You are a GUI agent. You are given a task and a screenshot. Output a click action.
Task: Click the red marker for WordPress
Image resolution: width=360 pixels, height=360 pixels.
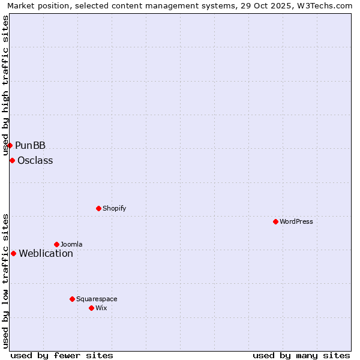coord(275,221)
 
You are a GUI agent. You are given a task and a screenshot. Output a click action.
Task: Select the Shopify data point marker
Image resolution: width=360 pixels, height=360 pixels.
coord(98,208)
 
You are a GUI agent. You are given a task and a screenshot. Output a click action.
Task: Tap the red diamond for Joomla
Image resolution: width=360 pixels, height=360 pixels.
coord(56,244)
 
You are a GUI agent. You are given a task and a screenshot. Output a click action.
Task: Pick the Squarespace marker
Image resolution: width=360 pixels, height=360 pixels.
coord(72,299)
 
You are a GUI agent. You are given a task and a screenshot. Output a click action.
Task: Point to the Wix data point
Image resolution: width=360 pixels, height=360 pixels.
coord(91,308)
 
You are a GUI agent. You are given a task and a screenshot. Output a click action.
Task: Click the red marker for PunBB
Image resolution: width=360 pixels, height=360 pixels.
coord(10,145)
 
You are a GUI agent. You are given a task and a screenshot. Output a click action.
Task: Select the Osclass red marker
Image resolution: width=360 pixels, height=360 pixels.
coord(12,160)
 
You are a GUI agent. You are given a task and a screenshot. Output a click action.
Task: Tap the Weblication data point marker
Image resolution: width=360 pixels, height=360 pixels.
coord(13,253)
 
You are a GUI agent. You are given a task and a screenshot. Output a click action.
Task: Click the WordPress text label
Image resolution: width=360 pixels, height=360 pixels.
coord(296,221)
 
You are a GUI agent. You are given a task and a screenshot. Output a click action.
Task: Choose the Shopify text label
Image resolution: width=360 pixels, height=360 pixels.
coord(114,208)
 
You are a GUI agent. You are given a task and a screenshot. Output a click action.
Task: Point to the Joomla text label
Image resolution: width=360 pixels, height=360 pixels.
coord(71,244)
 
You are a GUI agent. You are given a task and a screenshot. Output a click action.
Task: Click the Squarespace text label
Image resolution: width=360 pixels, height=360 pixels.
coord(97,299)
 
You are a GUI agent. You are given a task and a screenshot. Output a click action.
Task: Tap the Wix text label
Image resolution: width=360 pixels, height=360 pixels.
coord(101,308)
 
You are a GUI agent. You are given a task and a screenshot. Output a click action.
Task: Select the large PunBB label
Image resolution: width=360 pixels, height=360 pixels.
coord(30,145)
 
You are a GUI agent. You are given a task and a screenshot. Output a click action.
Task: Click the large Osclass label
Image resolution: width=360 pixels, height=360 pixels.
coord(35,160)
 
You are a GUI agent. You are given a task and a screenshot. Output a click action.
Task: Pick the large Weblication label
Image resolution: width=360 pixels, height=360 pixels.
coord(46,253)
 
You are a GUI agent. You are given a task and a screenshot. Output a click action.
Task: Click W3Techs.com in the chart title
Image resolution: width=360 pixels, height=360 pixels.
coord(326,5)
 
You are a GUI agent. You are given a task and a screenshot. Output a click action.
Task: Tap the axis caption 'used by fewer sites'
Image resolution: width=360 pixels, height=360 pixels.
coord(62,355)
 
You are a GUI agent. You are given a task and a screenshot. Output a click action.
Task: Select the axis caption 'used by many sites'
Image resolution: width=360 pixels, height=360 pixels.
coord(301,355)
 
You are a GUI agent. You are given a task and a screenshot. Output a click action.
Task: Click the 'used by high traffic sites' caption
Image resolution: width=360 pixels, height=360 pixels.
coord(5,85)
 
